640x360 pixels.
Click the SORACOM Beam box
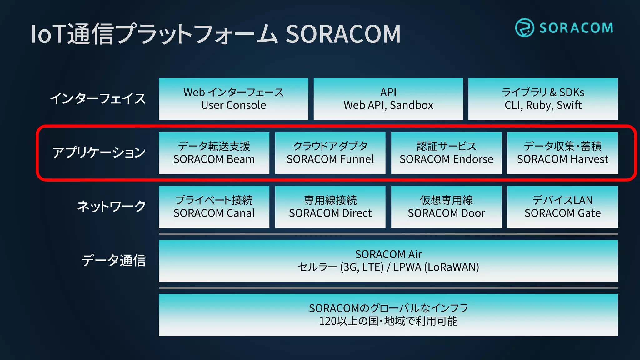click(214, 153)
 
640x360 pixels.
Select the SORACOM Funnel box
click(330, 153)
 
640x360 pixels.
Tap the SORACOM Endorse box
click(446, 153)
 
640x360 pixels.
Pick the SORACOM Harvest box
click(562, 153)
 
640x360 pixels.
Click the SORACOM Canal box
click(214, 207)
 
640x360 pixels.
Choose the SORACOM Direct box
click(330, 207)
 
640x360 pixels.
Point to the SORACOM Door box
click(446, 207)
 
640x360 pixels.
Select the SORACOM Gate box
click(562, 207)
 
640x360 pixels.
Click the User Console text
click(233, 105)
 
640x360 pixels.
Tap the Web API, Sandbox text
click(388, 105)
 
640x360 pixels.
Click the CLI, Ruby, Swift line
click(543, 105)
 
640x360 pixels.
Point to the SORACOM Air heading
click(388, 254)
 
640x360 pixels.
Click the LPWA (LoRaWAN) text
click(436, 267)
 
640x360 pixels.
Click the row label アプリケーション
click(99, 152)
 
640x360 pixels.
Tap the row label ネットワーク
click(112, 207)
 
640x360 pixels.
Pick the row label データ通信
click(114, 260)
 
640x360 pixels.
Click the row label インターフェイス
click(98, 98)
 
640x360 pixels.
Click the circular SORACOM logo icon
click(524, 28)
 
